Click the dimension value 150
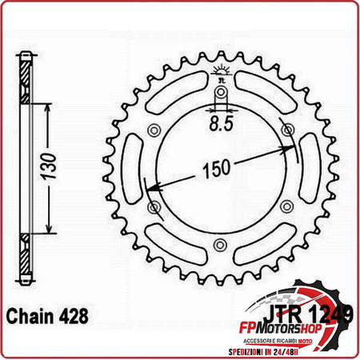(214, 169)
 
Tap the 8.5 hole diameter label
(221, 125)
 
